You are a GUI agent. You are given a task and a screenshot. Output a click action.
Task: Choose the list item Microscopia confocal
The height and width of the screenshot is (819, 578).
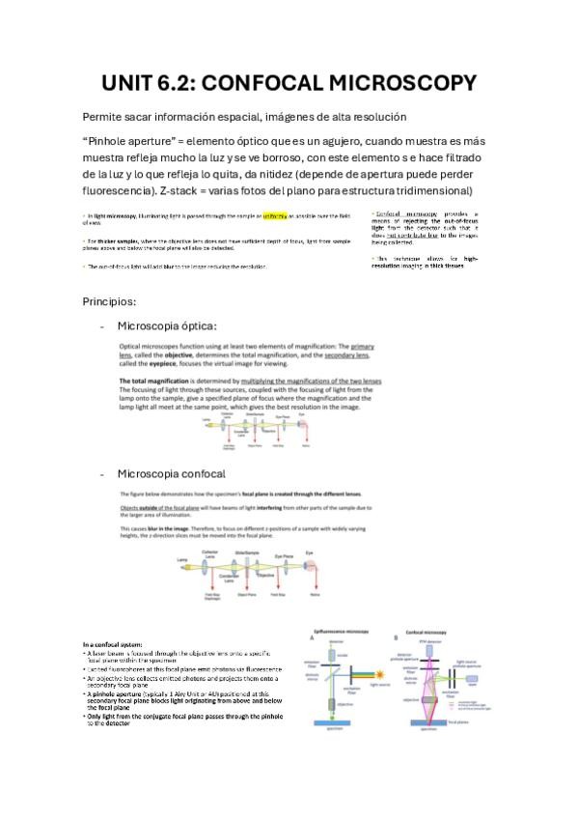170,473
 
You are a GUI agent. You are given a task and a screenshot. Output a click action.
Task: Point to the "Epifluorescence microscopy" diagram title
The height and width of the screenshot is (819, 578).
349,630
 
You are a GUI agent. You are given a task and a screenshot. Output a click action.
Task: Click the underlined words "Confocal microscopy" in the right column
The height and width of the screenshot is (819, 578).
399,212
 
